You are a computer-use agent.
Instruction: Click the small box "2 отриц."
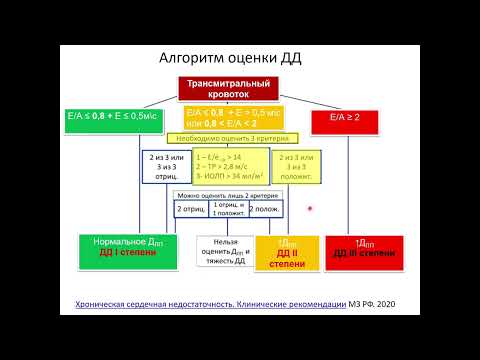tap(191, 208)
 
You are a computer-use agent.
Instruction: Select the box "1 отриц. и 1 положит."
tap(229, 208)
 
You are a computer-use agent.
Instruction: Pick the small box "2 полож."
tap(264, 208)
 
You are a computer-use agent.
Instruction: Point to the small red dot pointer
tap(311, 209)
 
